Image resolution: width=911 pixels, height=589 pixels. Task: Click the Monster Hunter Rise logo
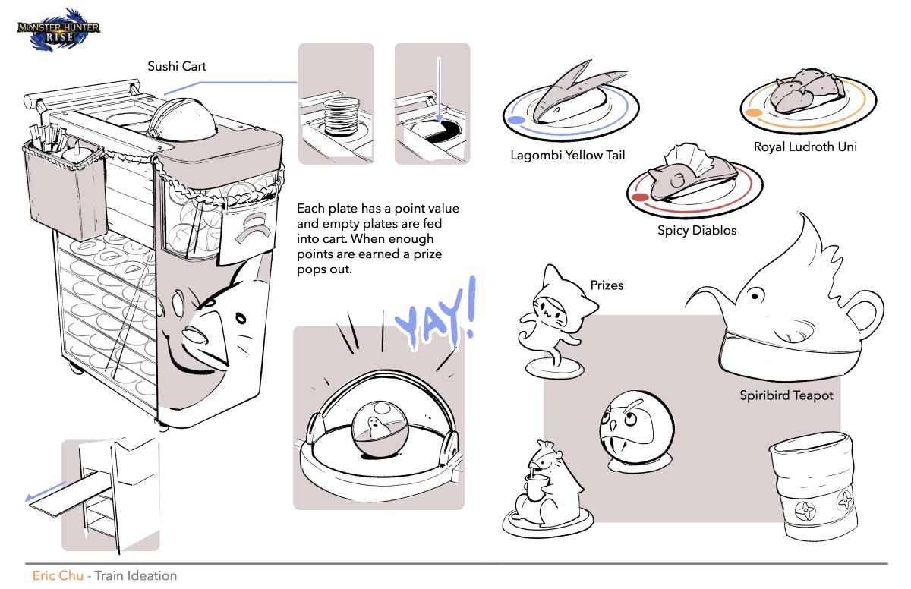58,31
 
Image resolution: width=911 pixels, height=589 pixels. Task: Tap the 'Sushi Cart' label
177,66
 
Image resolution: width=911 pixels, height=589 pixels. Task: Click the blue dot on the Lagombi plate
516,120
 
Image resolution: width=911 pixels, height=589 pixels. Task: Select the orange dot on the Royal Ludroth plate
753,113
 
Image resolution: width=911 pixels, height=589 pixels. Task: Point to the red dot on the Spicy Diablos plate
640,197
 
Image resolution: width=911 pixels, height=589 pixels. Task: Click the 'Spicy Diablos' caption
697,231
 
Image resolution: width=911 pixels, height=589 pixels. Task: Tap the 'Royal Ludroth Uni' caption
805,146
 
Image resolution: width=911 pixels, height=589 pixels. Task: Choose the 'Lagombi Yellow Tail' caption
568,156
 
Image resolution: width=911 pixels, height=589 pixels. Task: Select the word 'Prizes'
607,285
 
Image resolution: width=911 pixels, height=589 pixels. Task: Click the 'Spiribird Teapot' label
786,395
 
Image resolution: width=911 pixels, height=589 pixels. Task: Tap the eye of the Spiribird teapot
755,295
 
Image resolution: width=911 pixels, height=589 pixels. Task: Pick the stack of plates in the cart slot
342,116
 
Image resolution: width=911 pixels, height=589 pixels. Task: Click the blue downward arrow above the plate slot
439,90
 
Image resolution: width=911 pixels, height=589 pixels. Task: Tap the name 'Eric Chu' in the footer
58,575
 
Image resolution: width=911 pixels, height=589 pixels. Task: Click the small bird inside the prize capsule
374,427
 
